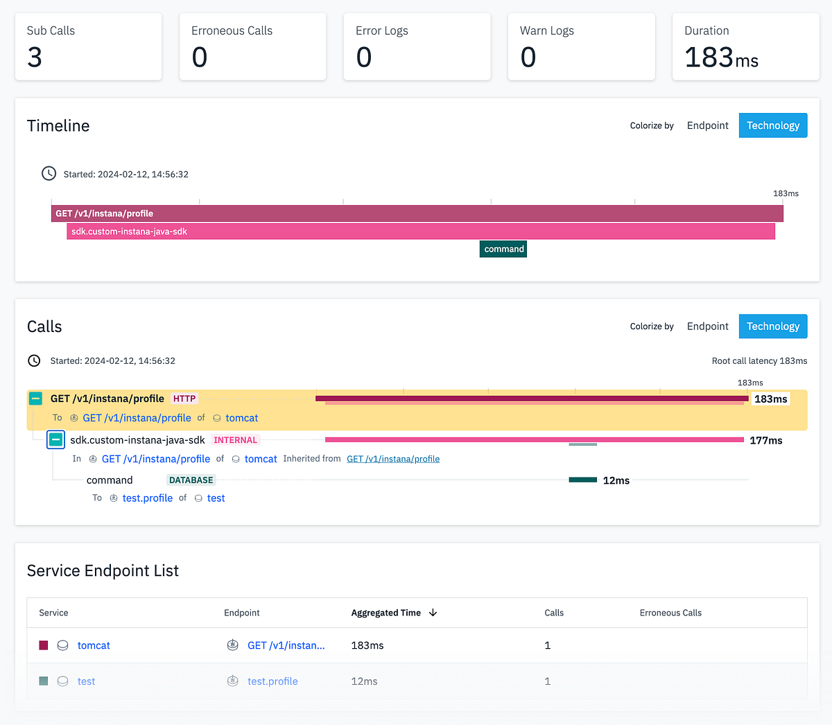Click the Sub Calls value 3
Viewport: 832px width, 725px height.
tap(35, 58)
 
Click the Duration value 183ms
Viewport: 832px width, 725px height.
tap(721, 58)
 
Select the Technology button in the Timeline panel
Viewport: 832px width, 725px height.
tap(772, 125)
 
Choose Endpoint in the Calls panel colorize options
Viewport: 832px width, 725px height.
tap(707, 326)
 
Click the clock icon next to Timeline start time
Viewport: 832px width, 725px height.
tap(49, 173)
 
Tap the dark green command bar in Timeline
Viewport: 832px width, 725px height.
tap(503, 249)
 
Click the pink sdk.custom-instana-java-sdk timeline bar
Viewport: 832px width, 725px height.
tap(420, 232)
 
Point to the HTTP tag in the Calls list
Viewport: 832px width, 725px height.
tap(184, 399)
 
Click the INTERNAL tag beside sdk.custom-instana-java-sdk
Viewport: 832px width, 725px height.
tap(235, 440)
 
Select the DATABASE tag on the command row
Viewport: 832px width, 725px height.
tap(191, 480)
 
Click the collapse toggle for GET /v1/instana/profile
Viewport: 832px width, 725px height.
tap(35, 399)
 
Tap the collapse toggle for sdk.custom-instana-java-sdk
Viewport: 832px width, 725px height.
tap(56, 439)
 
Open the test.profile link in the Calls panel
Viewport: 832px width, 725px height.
tap(148, 498)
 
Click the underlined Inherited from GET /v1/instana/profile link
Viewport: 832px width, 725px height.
tap(393, 459)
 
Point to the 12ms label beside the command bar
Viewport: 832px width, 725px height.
tap(616, 480)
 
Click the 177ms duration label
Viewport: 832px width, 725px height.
tap(766, 441)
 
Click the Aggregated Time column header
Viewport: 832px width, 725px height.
tap(386, 613)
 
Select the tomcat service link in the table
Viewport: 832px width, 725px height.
tap(94, 645)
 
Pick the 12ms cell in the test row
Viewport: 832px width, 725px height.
tap(364, 681)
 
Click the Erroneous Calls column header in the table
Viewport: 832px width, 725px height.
tap(670, 613)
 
